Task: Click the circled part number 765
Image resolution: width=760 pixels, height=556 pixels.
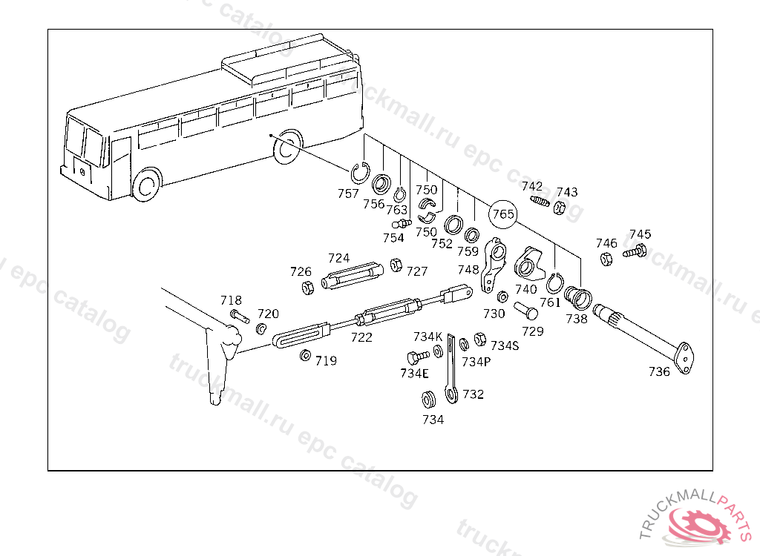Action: point(502,214)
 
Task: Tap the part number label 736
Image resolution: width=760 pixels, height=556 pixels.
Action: point(658,371)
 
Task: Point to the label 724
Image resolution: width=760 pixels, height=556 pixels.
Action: point(338,258)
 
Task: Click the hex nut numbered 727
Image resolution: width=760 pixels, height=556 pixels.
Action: point(396,265)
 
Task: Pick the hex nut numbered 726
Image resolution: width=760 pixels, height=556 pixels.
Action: point(307,288)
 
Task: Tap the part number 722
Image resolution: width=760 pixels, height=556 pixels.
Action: point(361,337)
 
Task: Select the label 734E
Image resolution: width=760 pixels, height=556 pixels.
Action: point(414,373)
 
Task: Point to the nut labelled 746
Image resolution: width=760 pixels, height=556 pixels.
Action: point(606,259)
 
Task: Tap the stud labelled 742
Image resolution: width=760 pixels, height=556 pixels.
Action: point(539,200)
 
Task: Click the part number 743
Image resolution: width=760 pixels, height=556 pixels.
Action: point(567,192)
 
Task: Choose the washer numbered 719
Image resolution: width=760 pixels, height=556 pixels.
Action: point(305,357)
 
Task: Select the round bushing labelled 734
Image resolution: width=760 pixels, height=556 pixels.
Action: point(428,401)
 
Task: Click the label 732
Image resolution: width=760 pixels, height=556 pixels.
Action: point(473,394)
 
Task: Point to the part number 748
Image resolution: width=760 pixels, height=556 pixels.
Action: point(468,270)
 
